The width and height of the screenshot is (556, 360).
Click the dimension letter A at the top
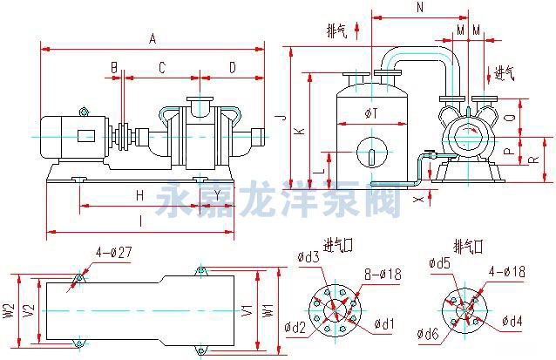[x=153, y=38]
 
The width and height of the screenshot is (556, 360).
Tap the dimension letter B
[x=113, y=67]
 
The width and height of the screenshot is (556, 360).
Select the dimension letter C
[x=161, y=67]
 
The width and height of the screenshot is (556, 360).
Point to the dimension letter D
[x=232, y=67]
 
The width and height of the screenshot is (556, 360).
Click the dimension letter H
[x=139, y=195]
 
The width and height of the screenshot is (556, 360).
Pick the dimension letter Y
[x=206, y=195]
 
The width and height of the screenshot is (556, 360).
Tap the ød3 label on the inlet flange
[x=309, y=257]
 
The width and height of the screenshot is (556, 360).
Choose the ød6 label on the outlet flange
[x=427, y=334]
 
